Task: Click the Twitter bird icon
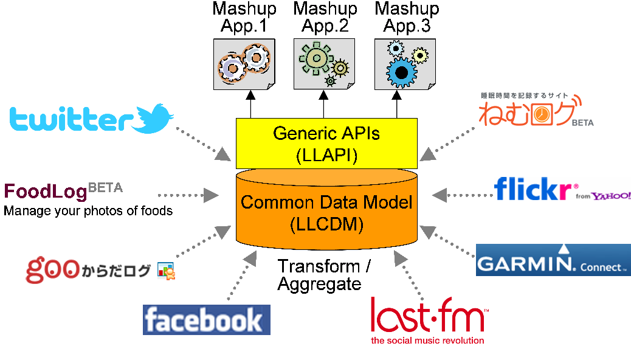tap(154, 118)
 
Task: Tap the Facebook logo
tap(206, 320)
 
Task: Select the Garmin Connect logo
tap(553, 260)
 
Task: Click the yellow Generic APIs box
tap(326, 144)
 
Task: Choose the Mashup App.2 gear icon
tap(324, 63)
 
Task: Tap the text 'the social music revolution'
tap(427, 341)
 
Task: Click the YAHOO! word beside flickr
tap(611, 196)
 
